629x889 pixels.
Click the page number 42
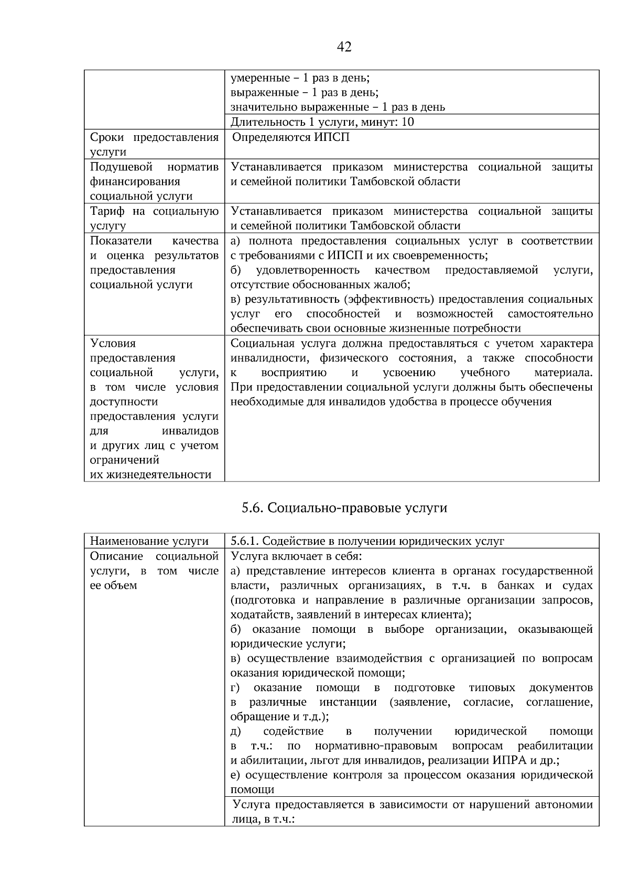tap(344, 47)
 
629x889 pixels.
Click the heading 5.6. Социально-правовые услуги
tap(344, 508)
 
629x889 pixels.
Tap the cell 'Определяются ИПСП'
tap(290, 137)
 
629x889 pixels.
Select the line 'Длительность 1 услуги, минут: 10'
tap(322, 122)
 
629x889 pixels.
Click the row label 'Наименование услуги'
tap(149, 541)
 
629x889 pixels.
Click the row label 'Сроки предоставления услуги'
tap(154, 145)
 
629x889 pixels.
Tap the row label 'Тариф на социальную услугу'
tap(154, 218)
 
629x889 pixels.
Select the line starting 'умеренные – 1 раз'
tap(300, 78)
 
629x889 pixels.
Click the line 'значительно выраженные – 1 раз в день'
tap(338, 107)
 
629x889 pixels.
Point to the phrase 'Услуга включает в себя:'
tap(296, 556)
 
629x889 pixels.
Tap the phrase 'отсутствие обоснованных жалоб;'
tap(320, 284)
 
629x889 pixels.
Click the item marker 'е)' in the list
tap(235, 775)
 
